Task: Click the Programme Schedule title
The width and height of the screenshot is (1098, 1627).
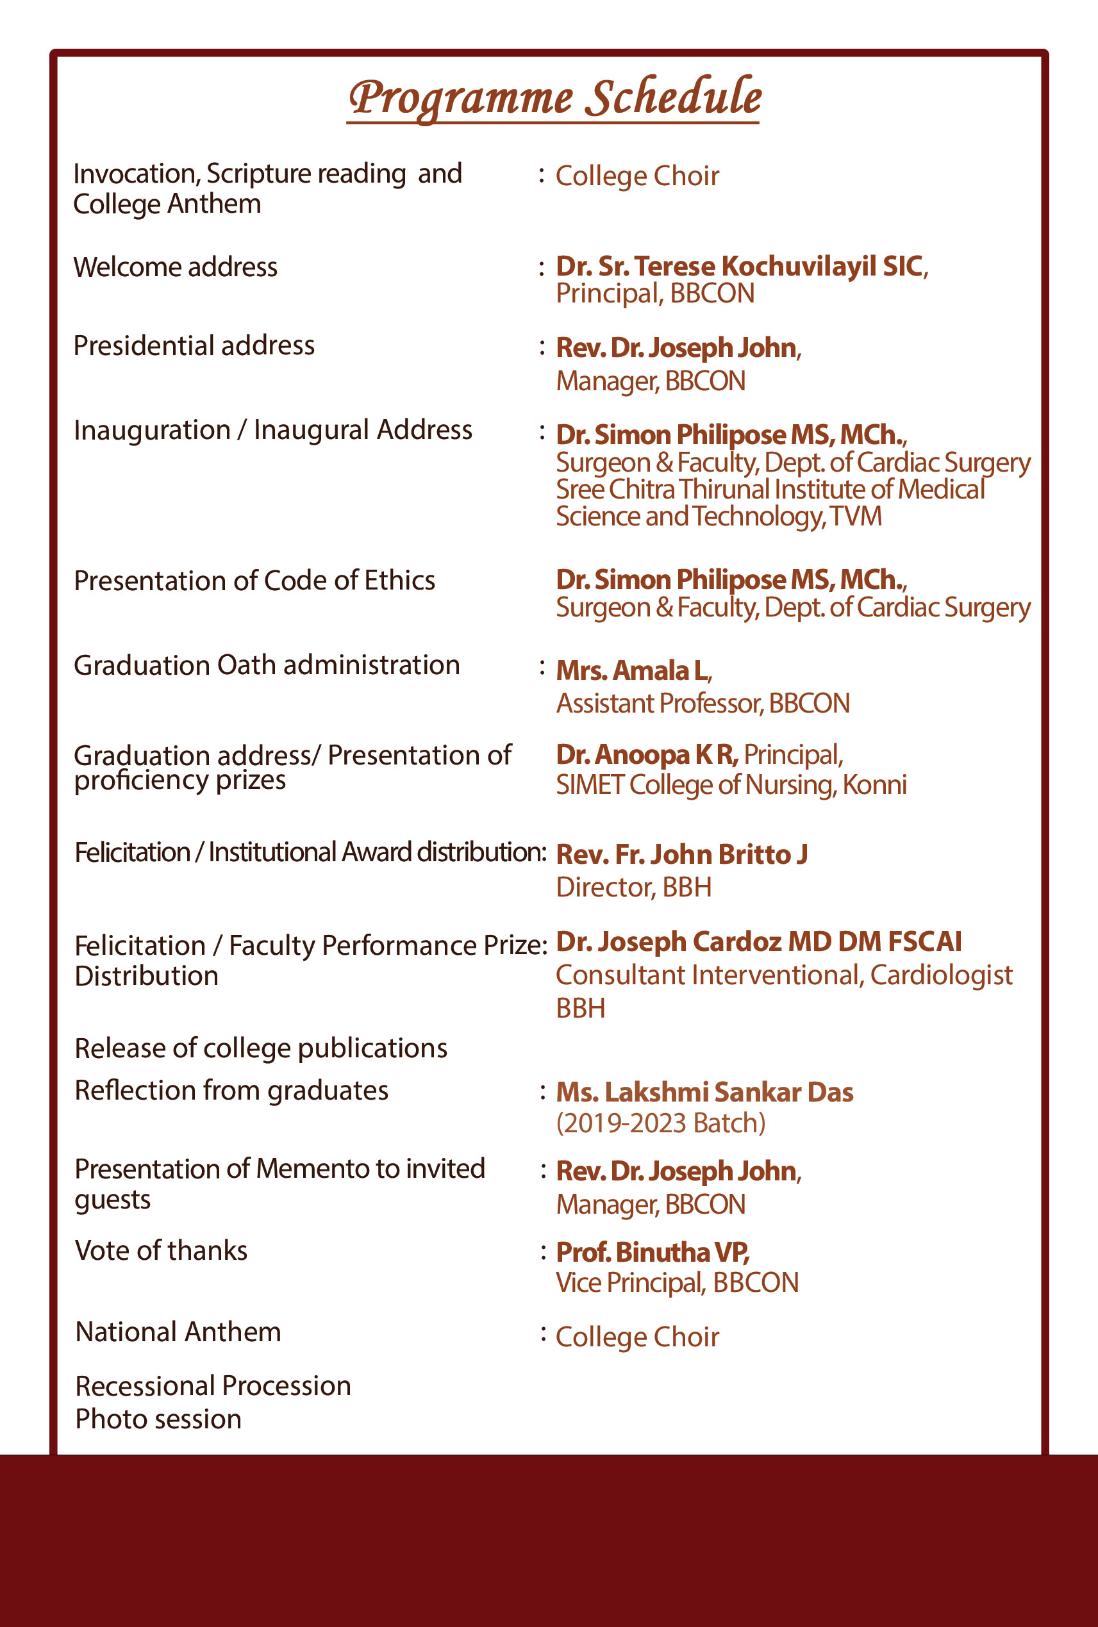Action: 554,98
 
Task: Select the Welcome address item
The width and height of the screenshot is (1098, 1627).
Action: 175,267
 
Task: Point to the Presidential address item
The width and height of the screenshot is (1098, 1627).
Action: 194,346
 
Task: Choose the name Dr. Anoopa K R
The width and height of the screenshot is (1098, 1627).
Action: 646,755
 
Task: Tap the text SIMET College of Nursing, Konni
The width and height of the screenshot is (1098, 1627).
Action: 730,785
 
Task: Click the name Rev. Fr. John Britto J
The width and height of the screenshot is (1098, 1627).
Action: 681,854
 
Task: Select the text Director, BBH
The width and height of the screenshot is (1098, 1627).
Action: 633,887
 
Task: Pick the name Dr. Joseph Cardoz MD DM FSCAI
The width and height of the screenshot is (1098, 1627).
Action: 758,941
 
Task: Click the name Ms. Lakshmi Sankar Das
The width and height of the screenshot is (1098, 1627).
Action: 704,1092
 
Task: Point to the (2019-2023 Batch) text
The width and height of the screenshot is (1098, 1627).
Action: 660,1123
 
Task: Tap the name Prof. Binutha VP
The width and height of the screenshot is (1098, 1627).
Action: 652,1251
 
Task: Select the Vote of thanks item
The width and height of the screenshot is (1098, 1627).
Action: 161,1250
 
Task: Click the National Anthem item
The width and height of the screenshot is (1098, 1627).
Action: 178,1332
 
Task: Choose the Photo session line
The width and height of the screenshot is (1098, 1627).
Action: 158,1419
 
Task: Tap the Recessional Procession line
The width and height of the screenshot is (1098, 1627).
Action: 213,1386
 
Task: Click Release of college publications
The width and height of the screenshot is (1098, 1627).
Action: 260,1048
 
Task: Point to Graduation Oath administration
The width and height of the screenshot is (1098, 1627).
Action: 267,665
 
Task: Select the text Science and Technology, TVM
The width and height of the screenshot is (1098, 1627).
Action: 719,516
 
